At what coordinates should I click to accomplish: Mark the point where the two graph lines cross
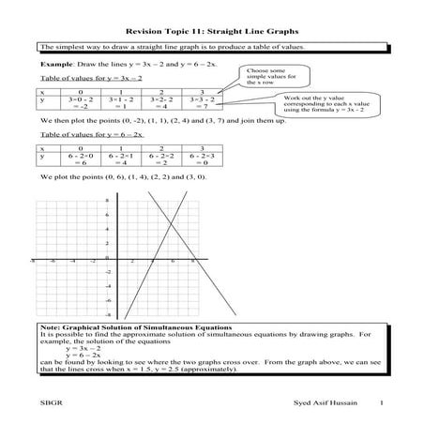(166, 221)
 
